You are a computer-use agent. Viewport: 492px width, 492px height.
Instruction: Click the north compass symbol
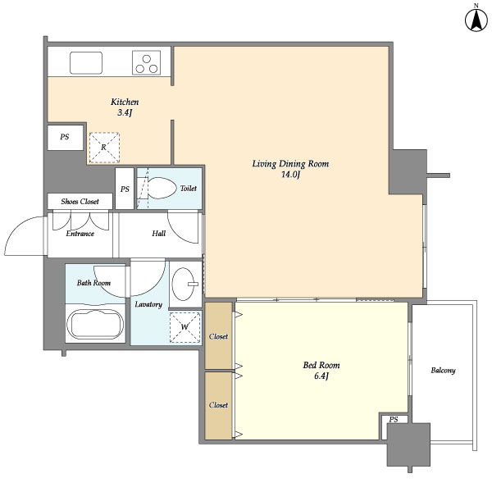[475, 19]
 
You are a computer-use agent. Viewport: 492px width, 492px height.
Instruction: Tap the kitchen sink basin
[85, 61]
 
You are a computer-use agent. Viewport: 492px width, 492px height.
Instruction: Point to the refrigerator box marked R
[103, 148]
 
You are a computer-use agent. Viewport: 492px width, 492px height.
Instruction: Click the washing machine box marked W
[184, 326]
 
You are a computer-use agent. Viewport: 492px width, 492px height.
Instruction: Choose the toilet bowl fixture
[162, 188]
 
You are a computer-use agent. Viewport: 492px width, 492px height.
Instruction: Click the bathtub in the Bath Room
[95, 323]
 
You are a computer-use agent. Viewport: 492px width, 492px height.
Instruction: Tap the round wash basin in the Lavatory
[188, 285]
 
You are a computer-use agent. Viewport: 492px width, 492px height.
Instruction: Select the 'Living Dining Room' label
[290, 164]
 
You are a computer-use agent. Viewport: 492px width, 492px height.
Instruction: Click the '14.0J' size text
[291, 175]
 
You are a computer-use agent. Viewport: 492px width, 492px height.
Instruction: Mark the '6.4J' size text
[321, 376]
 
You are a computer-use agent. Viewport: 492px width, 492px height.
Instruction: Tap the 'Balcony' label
[443, 371]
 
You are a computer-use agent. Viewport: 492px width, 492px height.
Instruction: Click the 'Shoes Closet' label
[80, 201]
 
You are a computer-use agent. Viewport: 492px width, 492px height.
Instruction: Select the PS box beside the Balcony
[394, 420]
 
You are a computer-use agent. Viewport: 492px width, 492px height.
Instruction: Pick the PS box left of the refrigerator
[64, 138]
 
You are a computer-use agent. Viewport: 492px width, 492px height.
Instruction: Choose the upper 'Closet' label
[218, 336]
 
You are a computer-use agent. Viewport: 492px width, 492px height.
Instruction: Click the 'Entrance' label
[80, 233]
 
